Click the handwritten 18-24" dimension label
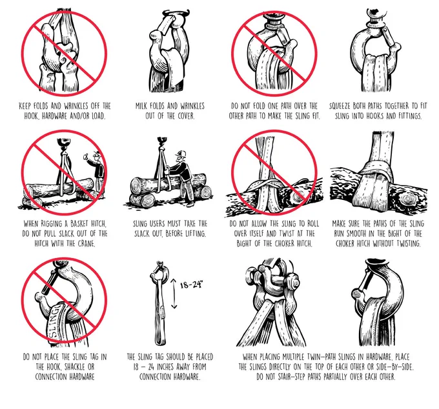[x=191, y=284]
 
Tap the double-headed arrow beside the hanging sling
[x=174, y=294]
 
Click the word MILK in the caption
[x=142, y=106]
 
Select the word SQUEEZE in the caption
[x=340, y=106]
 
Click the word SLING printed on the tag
[x=55, y=321]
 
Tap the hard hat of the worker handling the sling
[x=181, y=154]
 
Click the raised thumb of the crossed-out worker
[x=85, y=155]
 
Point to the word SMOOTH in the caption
[x=357, y=234]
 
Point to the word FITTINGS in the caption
[x=409, y=116]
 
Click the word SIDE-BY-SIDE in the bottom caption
[x=395, y=367]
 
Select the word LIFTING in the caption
[x=196, y=234]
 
